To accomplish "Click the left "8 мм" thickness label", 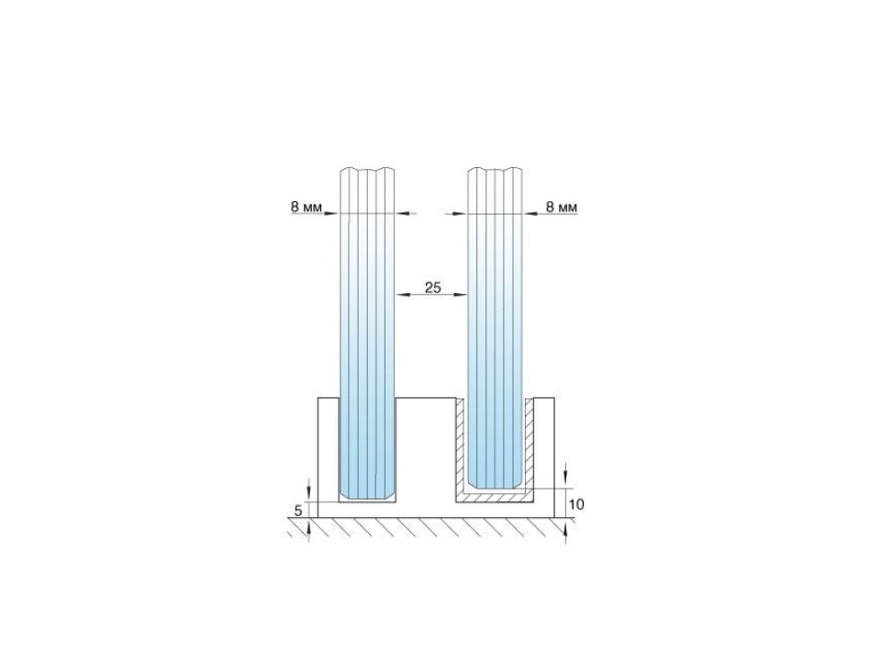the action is pyautogui.click(x=306, y=208).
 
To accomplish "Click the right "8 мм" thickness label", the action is pyautogui.click(x=562, y=208).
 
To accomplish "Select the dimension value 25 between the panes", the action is pyautogui.click(x=433, y=287).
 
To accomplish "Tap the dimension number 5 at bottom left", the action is pyautogui.click(x=298, y=511).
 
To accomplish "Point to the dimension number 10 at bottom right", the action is pyautogui.click(x=577, y=504).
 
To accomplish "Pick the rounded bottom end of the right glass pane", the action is pyautogui.click(x=496, y=482).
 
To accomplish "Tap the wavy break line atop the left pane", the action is pyautogui.click(x=367, y=169).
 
